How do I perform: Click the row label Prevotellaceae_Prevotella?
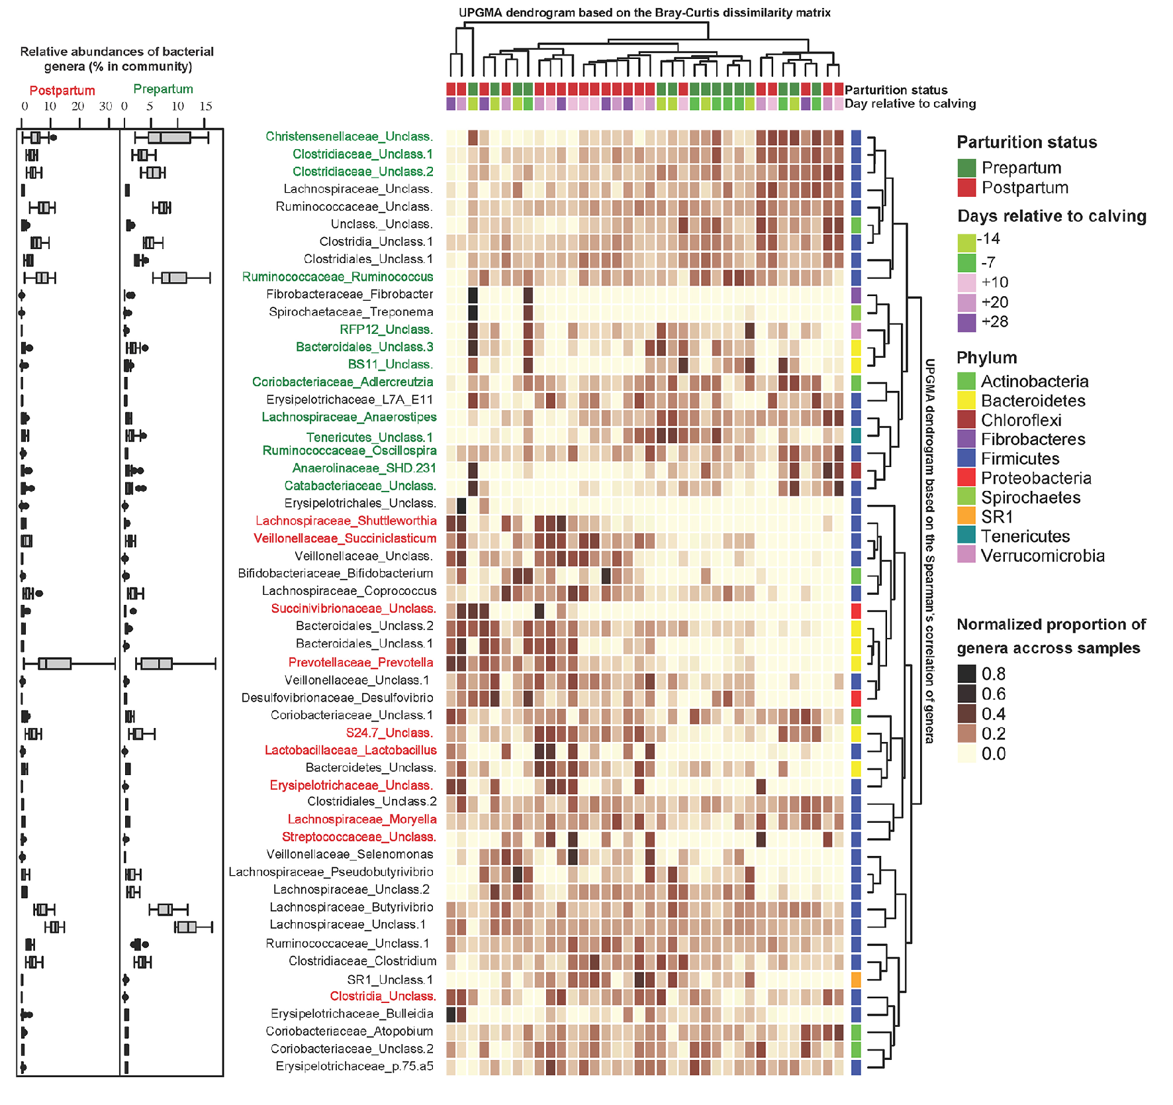tap(361, 662)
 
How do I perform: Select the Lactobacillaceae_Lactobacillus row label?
tap(350, 751)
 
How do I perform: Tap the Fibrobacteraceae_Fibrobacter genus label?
tap(350, 294)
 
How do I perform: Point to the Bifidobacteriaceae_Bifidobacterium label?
tap(336, 573)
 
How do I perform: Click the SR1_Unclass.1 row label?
tap(390, 980)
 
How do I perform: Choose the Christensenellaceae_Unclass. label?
tap(349, 136)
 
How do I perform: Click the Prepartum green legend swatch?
tap(966, 168)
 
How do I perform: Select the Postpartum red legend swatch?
tap(966, 187)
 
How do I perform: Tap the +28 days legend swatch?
tap(966, 323)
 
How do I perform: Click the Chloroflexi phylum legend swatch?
tap(966, 419)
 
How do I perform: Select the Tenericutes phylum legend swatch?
tap(966, 536)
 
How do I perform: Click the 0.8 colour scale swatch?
tap(966, 674)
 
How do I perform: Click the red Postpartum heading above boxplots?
tap(62, 91)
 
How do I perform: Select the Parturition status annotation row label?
tap(896, 90)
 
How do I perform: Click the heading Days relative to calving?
tap(1051, 216)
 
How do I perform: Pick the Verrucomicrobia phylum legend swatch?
tap(966, 555)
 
